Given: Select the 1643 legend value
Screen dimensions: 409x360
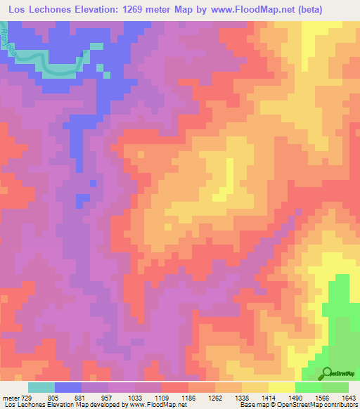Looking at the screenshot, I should pyautogui.click(x=348, y=397).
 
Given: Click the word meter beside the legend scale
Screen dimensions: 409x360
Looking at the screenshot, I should pyautogui.click(x=9, y=397).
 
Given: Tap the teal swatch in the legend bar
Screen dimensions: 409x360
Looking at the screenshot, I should pyautogui.click(x=41, y=387).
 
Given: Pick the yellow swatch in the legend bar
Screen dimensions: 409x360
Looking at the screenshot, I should pyautogui.click(x=282, y=387).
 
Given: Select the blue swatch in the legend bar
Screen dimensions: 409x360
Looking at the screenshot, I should pyautogui.click(x=68, y=387).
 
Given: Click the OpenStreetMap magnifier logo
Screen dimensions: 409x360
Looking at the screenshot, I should pyautogui.click(x=327, y=372).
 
